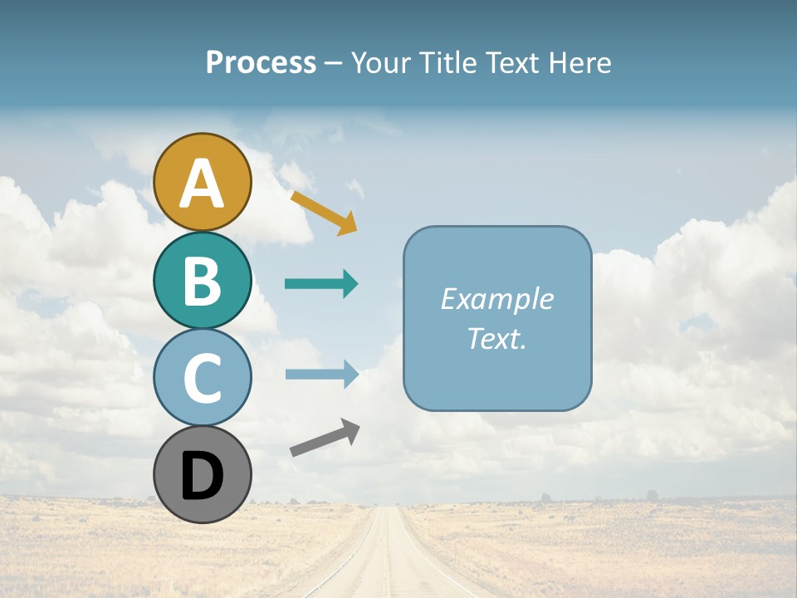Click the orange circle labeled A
(x=203, y=182)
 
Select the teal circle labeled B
(x=203, y=280)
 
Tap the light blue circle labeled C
(x=203, y=377)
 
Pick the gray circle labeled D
(x=203, y=475)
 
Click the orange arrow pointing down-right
(x=324, y=213)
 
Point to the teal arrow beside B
(x=321, y=284)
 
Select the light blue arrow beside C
(x=321, y=374)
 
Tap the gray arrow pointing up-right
(x=325, y=438)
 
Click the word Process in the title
(x=261, y=62)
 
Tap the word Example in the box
(x=496, y=299)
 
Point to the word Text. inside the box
(x=496, y=338)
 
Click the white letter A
(x=203, y=184)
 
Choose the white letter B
(x=203, y=281)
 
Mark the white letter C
(x=203, y=378)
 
